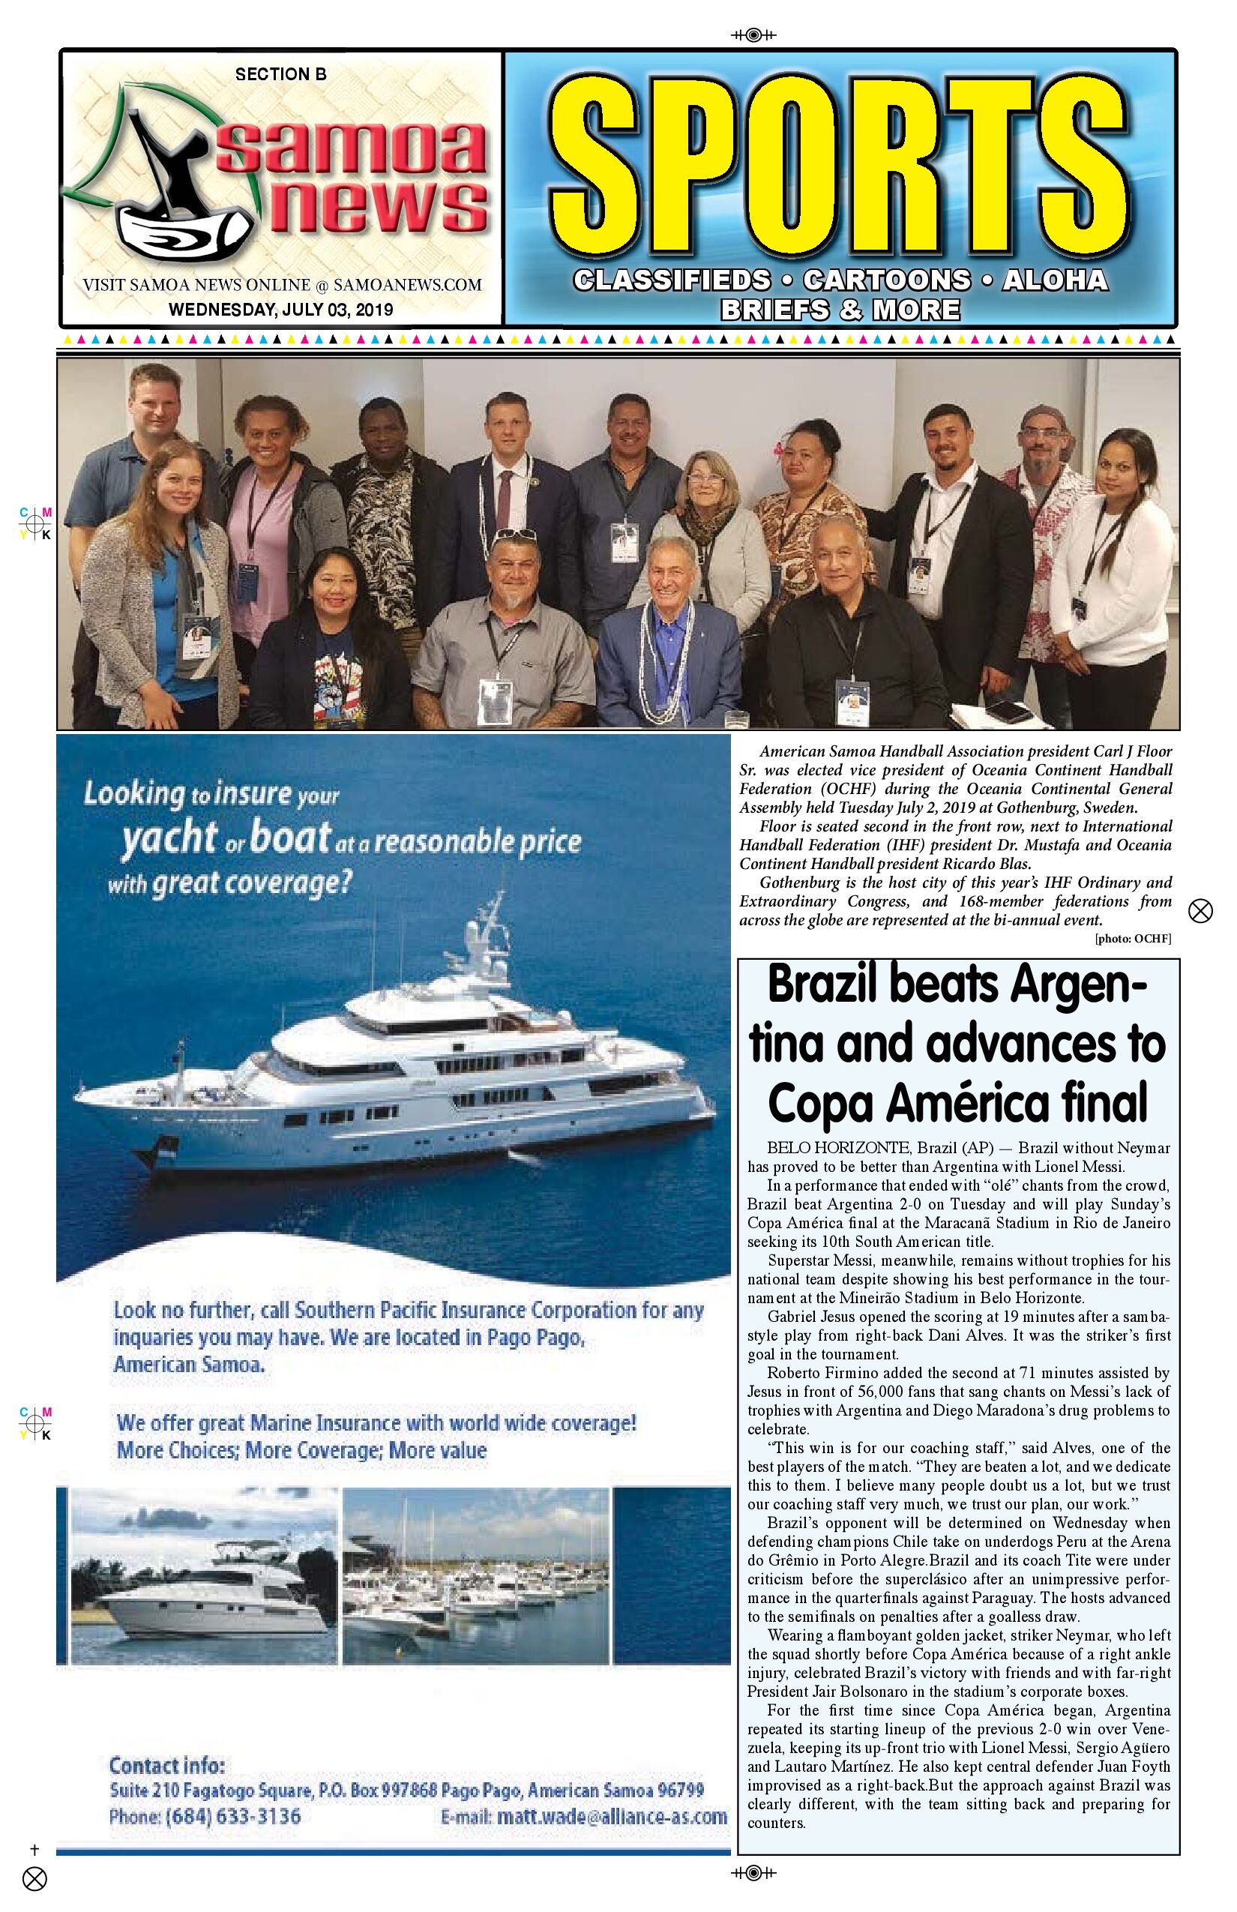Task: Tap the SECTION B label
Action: point(280,74)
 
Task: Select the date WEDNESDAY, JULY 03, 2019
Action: point(280,309)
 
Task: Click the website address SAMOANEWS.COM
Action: point(407,284)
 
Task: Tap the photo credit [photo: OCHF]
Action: point(1133,938)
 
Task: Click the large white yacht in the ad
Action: point(418,1084)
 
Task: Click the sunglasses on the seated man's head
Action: point(514,534)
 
